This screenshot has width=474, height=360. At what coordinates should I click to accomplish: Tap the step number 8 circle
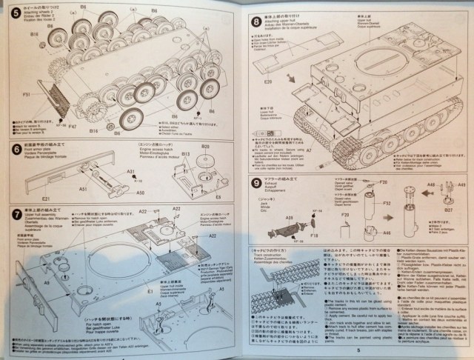(255, 24)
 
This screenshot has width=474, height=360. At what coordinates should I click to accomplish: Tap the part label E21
(46, 198)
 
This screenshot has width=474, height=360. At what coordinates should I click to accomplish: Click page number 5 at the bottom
(358, 351)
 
